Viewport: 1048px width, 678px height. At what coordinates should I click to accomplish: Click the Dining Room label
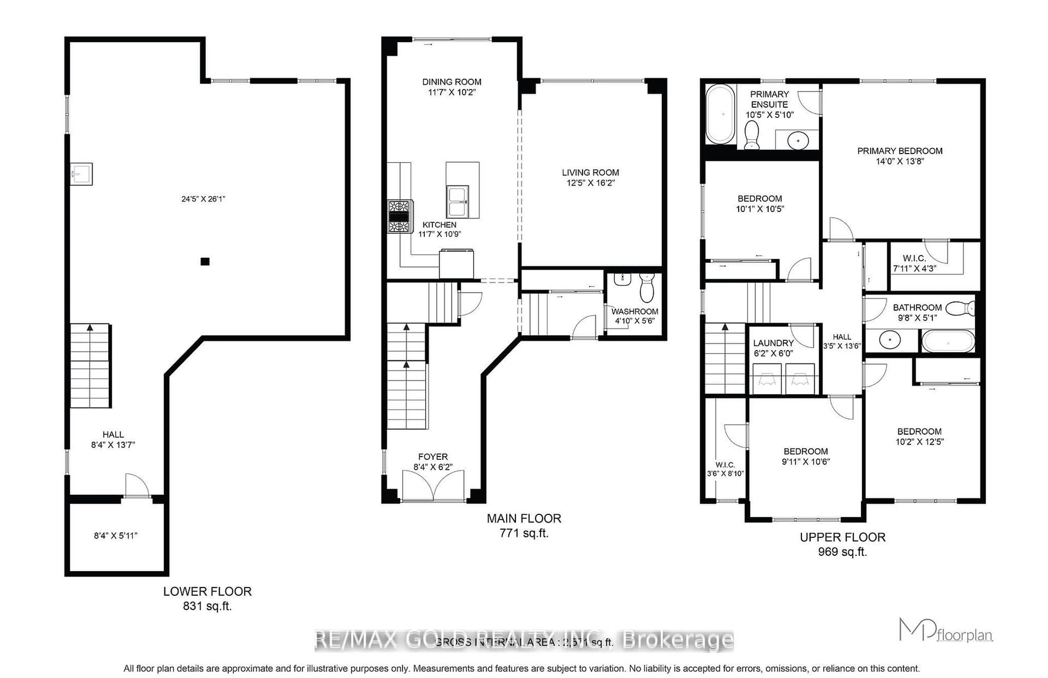point(452,82)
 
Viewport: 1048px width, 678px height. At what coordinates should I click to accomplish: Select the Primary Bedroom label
point(899,151)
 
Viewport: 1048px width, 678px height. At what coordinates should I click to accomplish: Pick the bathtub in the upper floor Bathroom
point(948,341)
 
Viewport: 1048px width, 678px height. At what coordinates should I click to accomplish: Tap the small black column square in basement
point(205,261)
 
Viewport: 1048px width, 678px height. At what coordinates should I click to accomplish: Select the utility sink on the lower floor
point(81,174)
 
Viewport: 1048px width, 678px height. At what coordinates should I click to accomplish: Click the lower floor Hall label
point(113,435)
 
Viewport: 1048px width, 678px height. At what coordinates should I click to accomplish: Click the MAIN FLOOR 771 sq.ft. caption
point(524,525)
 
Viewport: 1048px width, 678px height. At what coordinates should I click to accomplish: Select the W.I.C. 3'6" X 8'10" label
point(725,469)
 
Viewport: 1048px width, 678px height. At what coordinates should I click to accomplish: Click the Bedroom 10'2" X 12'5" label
point(919,436)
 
